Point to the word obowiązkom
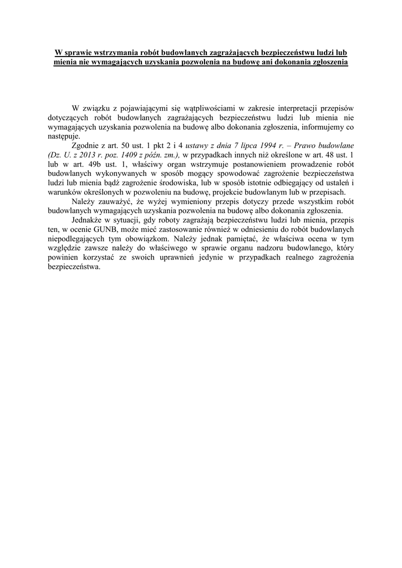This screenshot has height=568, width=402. pyautogui.click(x=150, y=240)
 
